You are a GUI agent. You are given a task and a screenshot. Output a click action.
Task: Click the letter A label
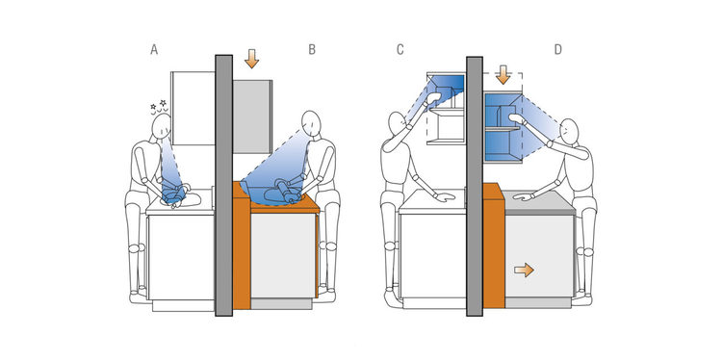point(154,50)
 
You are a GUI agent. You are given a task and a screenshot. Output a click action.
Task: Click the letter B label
point(312,50)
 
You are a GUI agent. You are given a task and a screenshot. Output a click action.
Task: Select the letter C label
point(400,50)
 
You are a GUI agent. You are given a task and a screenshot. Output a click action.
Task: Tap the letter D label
point(558,50)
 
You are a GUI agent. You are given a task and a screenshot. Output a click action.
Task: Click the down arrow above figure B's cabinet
point(251,59)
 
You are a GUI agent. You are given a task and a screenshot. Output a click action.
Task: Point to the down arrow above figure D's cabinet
point(503,74)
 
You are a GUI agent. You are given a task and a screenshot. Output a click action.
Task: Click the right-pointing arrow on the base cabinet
point(524,270)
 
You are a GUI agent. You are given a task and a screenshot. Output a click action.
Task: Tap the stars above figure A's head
point(158,106)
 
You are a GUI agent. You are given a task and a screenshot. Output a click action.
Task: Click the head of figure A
point(162,127)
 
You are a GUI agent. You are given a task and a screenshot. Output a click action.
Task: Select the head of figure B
point(311,123)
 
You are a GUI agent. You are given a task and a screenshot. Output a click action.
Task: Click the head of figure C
point(397,124)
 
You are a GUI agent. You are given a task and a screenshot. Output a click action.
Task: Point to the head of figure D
point(570,131)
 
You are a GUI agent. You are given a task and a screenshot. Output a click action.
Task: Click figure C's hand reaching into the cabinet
point(433,98)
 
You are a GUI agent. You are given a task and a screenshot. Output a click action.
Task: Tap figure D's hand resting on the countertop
point(523,196)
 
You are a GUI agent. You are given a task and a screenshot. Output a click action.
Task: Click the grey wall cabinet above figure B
point(252,116)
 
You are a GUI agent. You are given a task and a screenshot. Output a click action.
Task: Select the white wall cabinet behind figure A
point(193,108)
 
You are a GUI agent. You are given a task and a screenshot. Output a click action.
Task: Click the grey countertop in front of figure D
point(539,202)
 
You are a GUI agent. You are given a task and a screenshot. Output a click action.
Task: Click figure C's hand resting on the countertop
point(445,197)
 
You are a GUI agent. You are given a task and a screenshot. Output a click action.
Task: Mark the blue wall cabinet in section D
point(503,127)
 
